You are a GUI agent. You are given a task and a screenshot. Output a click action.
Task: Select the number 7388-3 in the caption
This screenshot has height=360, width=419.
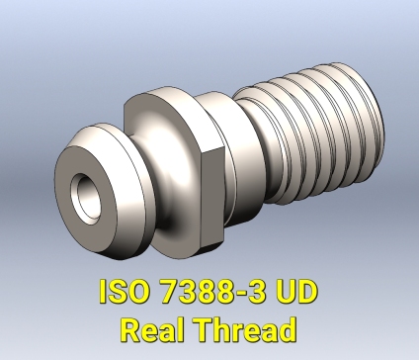[x=216, y=294]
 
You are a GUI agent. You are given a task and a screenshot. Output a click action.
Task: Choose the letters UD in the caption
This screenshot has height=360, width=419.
[x=299, y=294]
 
